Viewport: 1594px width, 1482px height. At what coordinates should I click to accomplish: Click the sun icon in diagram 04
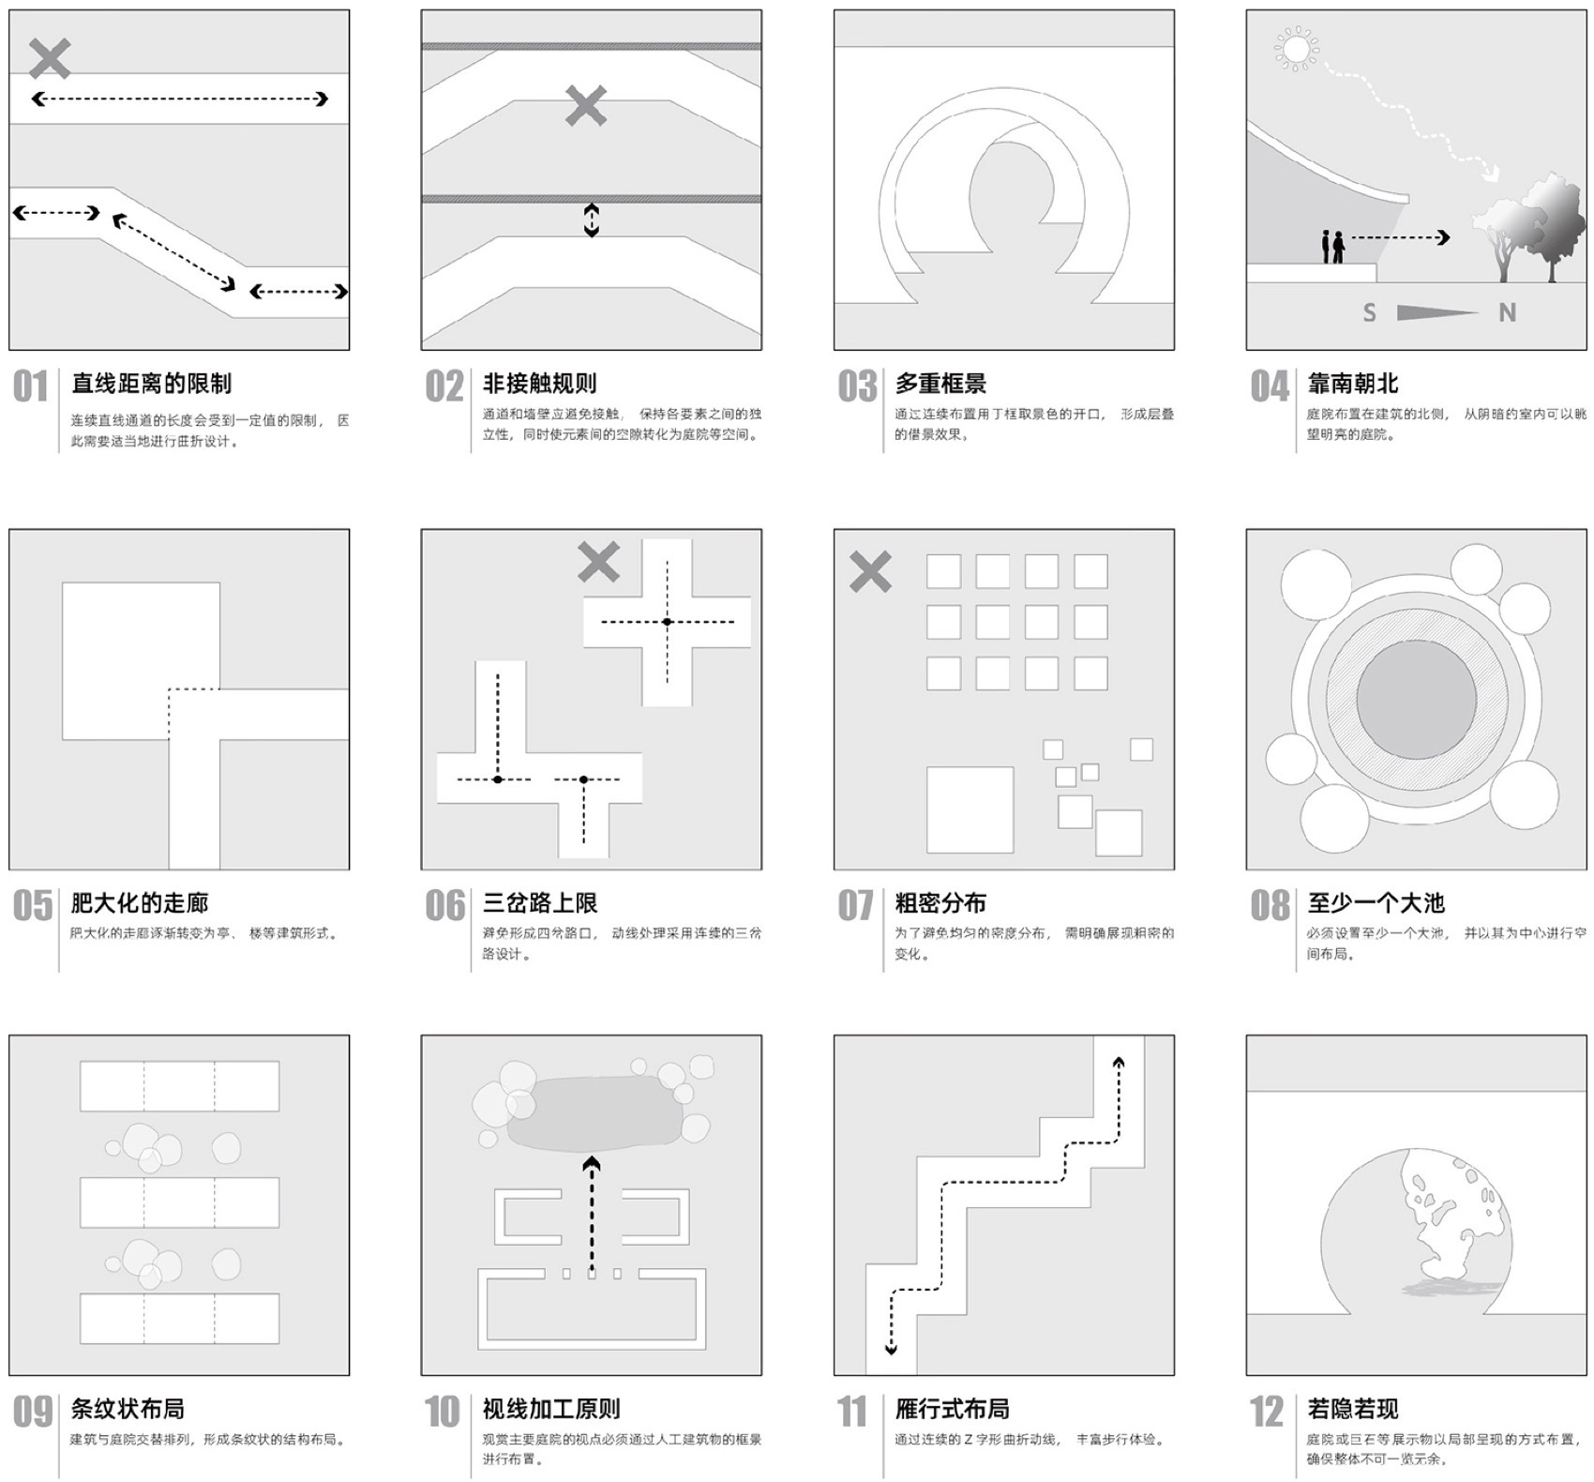point(1297,49)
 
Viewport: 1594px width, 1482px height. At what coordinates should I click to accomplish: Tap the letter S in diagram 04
point(1369,313)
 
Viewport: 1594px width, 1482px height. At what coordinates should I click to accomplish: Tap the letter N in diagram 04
point(1507,313)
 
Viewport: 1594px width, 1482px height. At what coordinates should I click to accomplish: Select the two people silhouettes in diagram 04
point(1332,247)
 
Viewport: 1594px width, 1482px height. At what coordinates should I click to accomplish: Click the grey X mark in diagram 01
point(50,58)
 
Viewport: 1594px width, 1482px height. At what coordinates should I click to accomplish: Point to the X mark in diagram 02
point(586,106)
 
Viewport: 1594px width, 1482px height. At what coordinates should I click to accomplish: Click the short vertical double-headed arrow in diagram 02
point(591,219)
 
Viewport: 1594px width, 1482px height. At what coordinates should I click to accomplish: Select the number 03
point(857,386)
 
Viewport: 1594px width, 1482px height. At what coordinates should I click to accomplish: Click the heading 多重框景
point(940,384)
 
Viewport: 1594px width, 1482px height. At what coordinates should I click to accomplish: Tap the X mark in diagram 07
point(870,571)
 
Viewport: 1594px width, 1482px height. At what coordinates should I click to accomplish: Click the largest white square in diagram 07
point(970,809)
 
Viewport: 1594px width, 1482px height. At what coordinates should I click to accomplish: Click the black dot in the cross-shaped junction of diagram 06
point(667,622)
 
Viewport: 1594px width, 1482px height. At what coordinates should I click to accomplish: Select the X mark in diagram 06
point(598,562)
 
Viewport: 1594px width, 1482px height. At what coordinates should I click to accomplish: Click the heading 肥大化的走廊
point(140,903)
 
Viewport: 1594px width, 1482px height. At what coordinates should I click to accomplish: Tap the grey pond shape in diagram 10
point(594,1113)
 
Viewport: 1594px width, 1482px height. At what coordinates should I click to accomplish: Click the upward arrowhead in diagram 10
point(591,1165)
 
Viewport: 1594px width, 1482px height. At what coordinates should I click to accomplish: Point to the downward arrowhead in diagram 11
point(891,1349)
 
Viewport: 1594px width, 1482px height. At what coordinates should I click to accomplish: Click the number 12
point(1267,1412)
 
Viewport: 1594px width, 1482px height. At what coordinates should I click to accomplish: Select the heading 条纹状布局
point(128,1409)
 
